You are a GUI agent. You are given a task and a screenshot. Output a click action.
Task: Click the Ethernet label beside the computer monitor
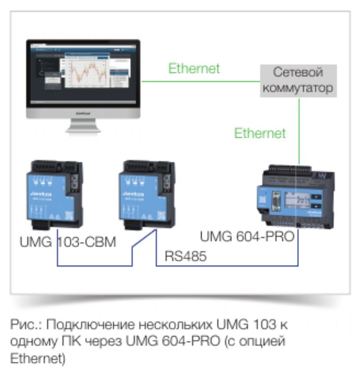click(194, 68)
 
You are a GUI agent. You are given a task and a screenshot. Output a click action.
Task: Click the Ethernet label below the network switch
click(260, 133)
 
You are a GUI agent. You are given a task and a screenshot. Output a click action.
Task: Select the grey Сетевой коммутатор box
click(299, 80)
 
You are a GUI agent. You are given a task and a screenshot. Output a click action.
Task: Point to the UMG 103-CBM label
click(68, 243)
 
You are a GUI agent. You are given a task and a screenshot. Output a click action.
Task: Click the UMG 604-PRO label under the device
click(247, 237)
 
